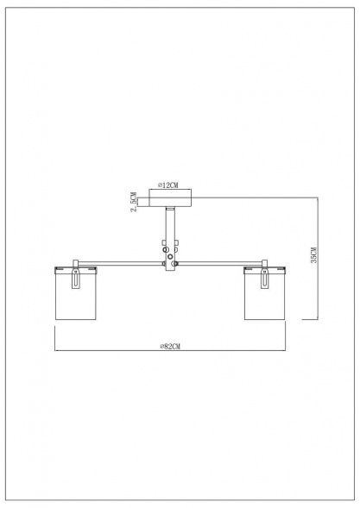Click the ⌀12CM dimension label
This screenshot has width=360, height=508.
168,185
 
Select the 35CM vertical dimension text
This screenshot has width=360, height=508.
315,257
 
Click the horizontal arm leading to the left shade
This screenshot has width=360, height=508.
121,261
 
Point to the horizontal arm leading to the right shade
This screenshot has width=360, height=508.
220,261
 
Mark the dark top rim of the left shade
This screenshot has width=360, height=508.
74,266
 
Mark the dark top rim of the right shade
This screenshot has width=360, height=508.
265,266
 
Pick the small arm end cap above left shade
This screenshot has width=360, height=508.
76,260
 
